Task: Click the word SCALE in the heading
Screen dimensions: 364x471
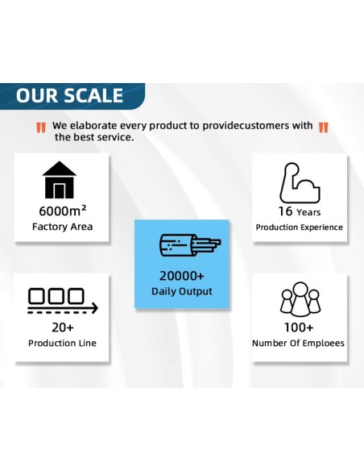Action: point(93,95)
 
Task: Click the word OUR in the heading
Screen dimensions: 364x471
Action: point(36,95)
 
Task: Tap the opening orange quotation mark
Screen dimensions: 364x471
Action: point(41,127)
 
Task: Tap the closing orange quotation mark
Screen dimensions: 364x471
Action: point(323,127)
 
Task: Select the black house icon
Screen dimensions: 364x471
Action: point(60,180)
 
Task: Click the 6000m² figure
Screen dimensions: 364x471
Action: point(62,210)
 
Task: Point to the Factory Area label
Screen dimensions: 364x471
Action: point(62,227)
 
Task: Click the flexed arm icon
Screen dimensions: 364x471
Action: point(300,182)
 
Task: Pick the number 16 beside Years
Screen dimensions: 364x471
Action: point(285,211)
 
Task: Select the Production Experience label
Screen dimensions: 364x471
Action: point(299,227)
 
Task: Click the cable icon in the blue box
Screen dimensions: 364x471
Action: point(190,245)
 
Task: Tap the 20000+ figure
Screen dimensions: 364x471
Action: point(182,276)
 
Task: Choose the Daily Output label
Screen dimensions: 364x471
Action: point(182,291)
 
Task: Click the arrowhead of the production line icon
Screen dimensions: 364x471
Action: point(95,308)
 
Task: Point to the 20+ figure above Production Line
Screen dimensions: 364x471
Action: point(62,327)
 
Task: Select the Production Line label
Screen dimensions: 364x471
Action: point(62,343)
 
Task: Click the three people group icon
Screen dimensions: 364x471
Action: point(300,299)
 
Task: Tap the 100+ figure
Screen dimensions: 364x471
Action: point(299,327)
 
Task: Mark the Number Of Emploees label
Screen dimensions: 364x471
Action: point(298,343)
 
